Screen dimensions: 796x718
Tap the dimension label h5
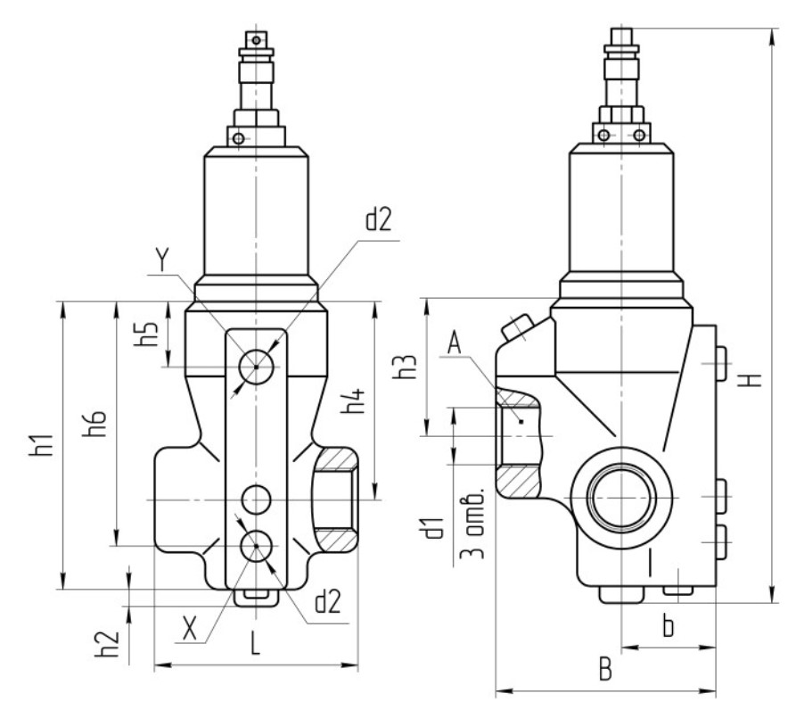(x=146, y=333)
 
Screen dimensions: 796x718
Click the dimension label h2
(x=107, y=643)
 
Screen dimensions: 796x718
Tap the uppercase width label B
(x=605, y=669)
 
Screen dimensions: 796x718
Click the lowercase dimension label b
(x=668, y=625)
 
